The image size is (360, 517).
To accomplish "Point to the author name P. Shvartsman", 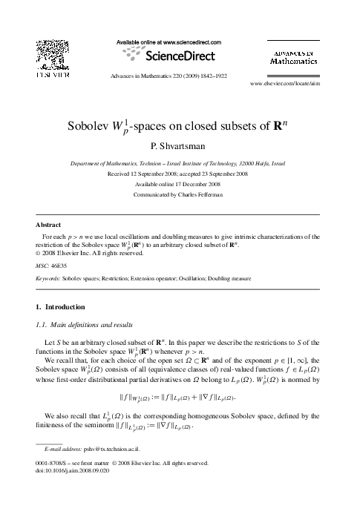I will (x=180, y=145).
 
